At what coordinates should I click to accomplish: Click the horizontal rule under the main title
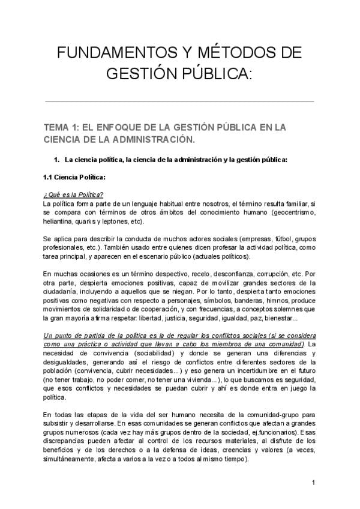pos(179,101)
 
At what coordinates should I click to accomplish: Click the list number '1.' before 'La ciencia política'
pos(57,160)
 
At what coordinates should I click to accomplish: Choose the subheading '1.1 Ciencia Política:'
pos(74,177)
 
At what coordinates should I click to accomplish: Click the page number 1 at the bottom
pos(313,482)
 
